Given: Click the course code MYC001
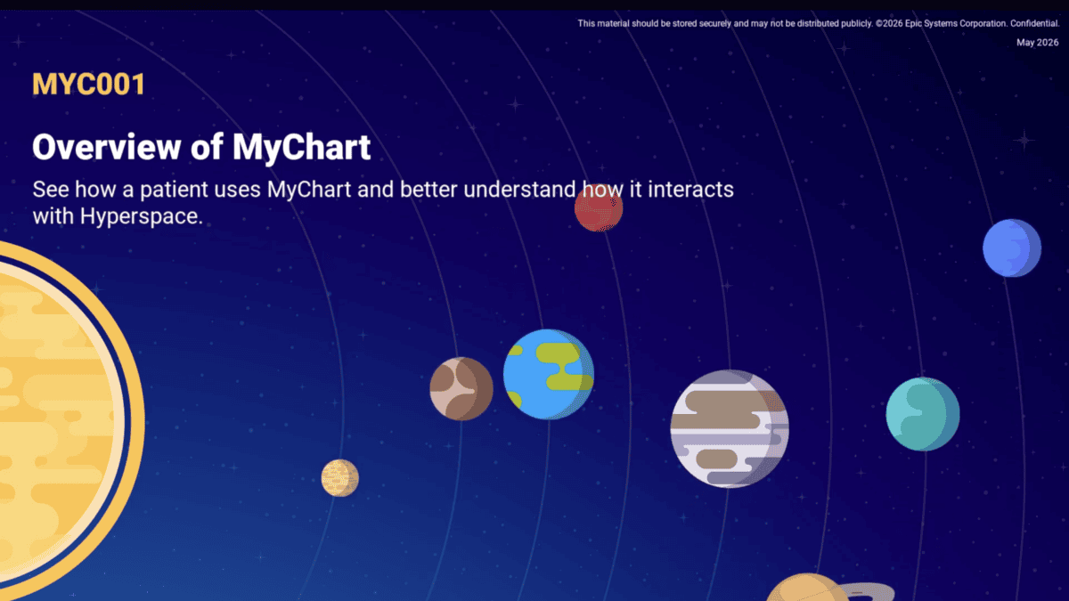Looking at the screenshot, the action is tap(89, 85).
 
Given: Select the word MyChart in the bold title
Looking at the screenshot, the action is tap(302, 148).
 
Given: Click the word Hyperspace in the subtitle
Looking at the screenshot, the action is tap(142, 216).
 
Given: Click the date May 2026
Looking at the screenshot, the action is tap(1037, 43).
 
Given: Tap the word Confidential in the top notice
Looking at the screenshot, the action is tap(1034, 23).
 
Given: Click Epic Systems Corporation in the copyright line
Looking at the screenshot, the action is tap(955, 23).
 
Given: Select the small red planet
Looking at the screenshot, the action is tap(599, 208).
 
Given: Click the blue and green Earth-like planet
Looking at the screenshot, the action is tap(549, 375).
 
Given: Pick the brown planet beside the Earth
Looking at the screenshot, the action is tap(461, 389).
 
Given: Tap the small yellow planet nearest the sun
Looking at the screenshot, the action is tap(339, 478).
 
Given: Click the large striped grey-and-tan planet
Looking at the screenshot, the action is tap(730, 428).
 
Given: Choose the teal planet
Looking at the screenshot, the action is tap(923, 414).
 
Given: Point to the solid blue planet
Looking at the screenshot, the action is tap(1012, 248).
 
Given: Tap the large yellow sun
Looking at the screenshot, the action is tap(57, 419).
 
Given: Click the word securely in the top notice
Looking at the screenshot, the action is tap(714, 23).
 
